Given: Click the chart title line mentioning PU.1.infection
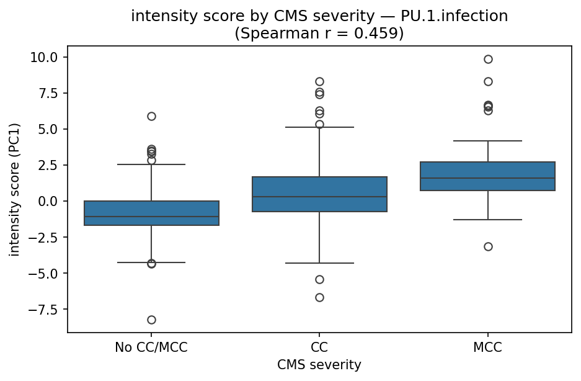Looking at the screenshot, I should click(x=319, y=17).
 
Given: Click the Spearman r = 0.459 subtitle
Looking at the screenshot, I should click(x=319, y=34).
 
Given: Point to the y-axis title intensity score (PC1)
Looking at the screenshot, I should click(x=15, y=189).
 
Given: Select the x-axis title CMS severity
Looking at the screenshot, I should click(x=319, y=365).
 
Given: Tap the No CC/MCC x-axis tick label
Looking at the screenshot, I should click(x=151, y=347).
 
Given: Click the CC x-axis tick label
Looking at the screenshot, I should click(x=319, y=347).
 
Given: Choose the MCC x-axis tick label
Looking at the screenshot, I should click(x=487, y=347).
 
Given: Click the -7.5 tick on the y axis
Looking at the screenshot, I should click(x=43, y=310).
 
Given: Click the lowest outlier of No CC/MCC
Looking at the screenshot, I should click(x=151, y=320).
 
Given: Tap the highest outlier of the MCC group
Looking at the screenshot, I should click(x=488, y=59).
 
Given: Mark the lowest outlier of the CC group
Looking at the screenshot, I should click(x=319, y=297).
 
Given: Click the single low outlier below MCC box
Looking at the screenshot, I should click(x=488, y=246).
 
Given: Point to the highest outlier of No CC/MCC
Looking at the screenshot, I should click(x=151, y=116).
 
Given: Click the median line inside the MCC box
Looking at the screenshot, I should click(x=487, y=178).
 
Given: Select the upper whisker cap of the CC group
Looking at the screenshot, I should click(x=319, y=127).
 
